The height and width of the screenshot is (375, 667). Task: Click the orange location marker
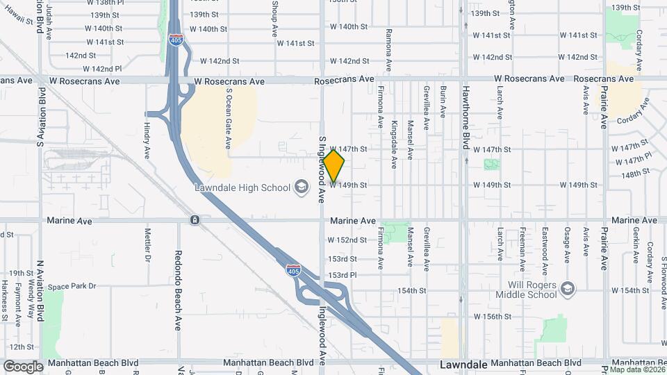point(334,166)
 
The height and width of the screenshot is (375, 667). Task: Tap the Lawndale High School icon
point(302,186)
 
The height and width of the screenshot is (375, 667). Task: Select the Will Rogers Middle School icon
point(568,289)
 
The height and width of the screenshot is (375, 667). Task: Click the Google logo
point(23,366)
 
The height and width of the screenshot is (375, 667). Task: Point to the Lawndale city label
point(463,364)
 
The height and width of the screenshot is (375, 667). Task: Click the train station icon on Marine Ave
point(195,220)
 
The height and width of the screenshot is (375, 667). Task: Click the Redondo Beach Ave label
point(178,290)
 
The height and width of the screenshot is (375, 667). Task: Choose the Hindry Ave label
point(147,142)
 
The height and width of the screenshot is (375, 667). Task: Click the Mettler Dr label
point(147,245)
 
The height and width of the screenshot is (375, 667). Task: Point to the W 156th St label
point(492,316)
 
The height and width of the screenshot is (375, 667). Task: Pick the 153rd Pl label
point(343,275)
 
